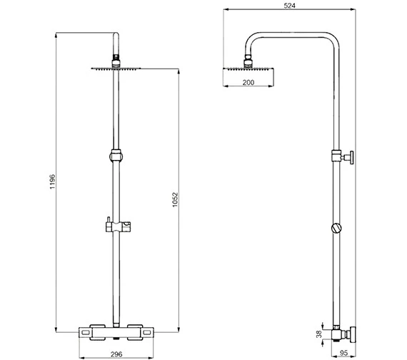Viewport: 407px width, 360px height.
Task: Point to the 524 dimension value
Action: tap(290, 5)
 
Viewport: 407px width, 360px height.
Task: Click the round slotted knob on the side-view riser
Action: tap(337, 229)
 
